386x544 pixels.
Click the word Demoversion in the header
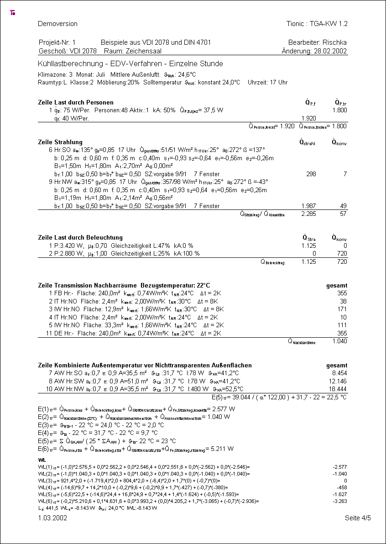pos(57,24)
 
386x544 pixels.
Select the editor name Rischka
pos(334,42)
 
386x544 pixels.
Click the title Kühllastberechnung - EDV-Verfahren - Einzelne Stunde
pos(130,63)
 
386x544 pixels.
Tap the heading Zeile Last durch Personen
pos(76,102)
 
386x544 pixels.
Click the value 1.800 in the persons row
pos(339,110)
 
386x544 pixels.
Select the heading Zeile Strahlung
pos(60,142)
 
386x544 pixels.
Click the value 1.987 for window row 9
pos(309,206)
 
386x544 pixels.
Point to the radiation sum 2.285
pos(309,214)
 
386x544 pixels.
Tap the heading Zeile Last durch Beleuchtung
pos(80,237)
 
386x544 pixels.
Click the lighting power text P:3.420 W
pos(69,246)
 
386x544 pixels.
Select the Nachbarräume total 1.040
pos(339,341)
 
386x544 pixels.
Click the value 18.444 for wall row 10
pos(338,389)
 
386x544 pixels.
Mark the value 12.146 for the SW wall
pos(338,381)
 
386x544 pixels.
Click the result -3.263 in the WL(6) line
pos(339,501)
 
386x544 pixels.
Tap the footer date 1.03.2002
pos(52,518)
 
